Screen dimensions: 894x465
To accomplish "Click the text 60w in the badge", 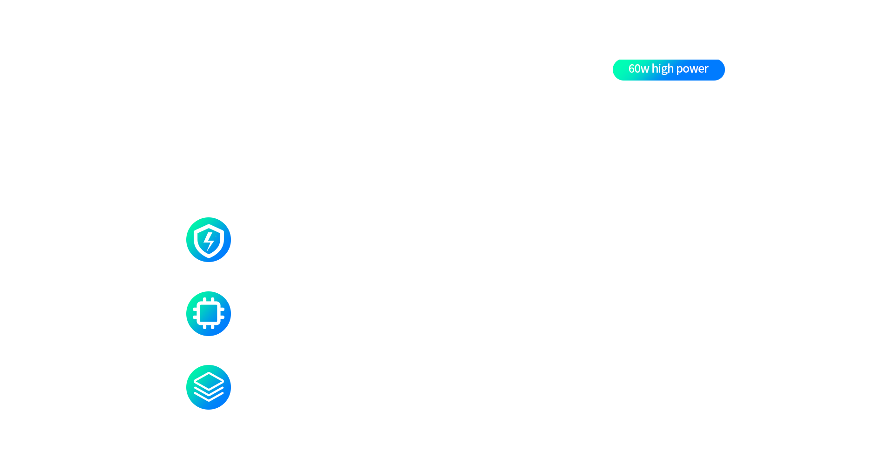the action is (x=638, y=69).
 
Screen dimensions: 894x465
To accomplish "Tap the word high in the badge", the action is (x=663, y=69).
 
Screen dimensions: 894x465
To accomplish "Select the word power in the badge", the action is (x=692, y=70).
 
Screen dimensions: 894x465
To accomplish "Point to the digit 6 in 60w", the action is (x=631, y=69).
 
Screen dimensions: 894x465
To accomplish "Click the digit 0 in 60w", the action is (x=637, y=69).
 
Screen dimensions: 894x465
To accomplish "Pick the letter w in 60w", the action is (x=645, y=70).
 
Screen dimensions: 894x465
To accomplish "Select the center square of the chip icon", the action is (x=209, y=313).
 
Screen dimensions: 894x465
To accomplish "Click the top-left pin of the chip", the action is (x=204, y=300).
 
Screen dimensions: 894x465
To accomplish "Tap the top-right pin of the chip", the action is (x=213, y=300).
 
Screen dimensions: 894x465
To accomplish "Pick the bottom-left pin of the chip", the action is (x=204, y=327).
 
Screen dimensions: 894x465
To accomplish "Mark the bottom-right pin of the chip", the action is (x=213, y=327).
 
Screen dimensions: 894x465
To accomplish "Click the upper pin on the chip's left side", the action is (x=195, y=309).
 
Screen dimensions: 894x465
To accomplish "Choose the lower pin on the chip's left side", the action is (x=195, y=317).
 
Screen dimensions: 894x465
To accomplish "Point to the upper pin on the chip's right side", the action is (x=222, y=309).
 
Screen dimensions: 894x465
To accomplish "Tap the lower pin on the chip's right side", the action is (x=222, y=317).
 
